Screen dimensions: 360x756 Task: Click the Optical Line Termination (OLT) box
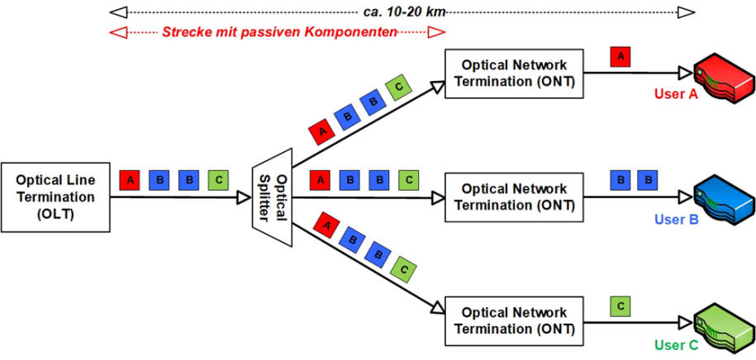pos(54,197)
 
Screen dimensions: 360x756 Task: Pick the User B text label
pos(676,220)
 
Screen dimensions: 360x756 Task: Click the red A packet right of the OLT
pos(129,178)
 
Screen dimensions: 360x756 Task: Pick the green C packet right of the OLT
pos(219,178)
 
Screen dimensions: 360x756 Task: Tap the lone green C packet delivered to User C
pos(620,306)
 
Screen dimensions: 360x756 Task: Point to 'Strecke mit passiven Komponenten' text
pos(278,32)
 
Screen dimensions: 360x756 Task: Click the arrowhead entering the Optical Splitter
pos(244,198)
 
